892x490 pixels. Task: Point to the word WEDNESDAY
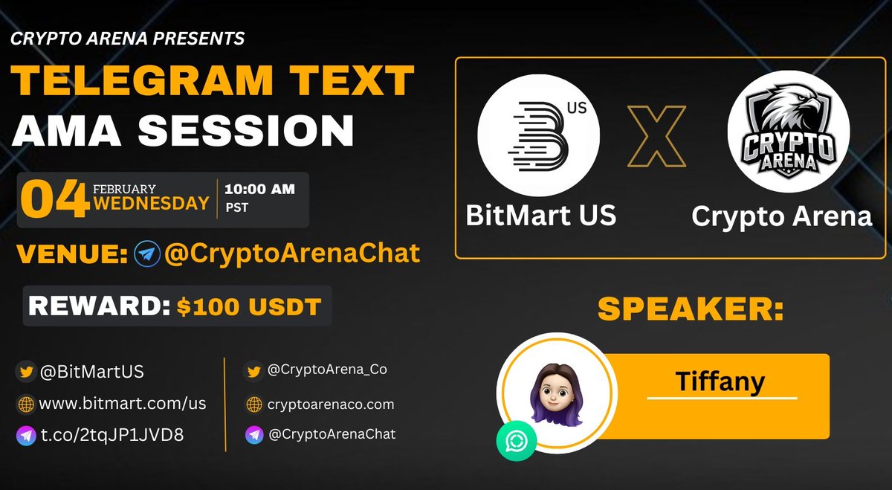point(151,204)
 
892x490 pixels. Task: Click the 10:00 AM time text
point(260,189)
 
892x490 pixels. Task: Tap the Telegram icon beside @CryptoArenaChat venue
point(148,254)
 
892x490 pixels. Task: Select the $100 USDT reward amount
point(249,306)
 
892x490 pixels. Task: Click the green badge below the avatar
point(517,442)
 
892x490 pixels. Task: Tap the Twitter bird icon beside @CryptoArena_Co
point(254,370)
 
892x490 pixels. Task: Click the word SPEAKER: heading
point(691,309)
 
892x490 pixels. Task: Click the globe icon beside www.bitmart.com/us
point(26,404)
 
